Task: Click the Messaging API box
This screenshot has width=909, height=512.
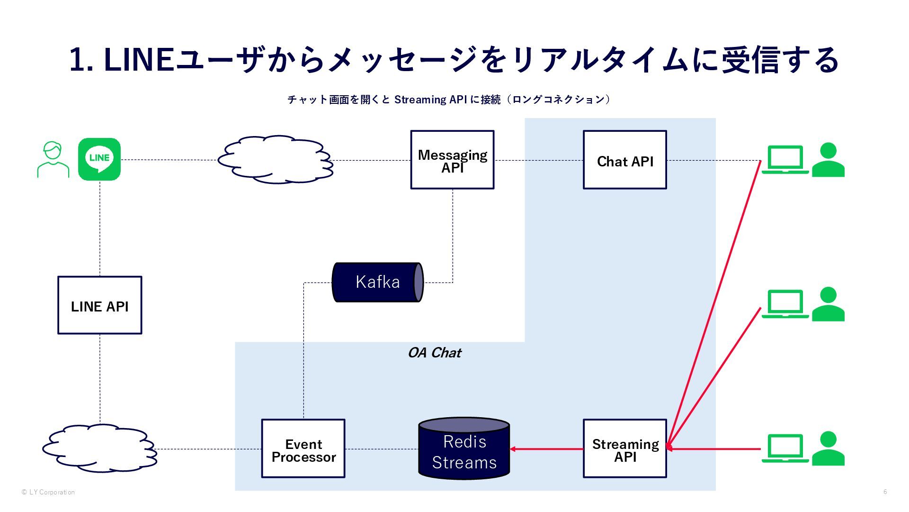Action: click(452, 160)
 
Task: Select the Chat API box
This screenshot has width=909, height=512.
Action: click(624, 160)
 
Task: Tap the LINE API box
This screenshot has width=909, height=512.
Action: click(99, 305)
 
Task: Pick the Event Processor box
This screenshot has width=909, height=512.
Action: click(303, 448)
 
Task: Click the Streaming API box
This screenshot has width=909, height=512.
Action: click(624, 448)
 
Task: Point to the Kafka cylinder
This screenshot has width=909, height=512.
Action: click(377, 282)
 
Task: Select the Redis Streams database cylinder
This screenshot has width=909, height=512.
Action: click(464, 449)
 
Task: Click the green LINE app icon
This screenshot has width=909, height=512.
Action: click(99, 159)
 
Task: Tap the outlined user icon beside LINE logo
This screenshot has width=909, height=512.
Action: click(53, 160)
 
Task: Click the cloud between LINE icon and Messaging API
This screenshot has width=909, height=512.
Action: click(276, 160)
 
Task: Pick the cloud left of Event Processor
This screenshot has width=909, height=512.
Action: click(99, 448)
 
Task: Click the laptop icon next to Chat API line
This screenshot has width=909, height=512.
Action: click(785, 160)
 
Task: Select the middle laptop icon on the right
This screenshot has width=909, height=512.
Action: click(785, 304)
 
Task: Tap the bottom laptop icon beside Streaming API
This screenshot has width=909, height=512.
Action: click(785, 448)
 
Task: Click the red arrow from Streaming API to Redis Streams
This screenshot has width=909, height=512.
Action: click(546, 449)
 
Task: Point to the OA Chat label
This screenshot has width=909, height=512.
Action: click(434, 353)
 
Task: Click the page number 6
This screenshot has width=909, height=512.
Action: click(885, 492)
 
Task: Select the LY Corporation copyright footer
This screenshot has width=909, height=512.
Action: click(48, 492)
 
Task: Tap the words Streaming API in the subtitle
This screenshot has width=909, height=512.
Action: click(430, 100)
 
